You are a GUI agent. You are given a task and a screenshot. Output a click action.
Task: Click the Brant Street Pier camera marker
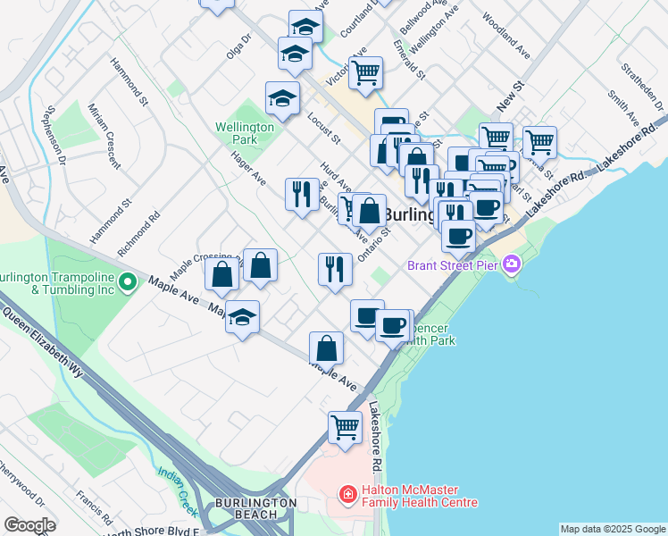[x=512, y=264]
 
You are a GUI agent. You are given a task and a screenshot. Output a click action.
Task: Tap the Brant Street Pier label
[x=453, y=264]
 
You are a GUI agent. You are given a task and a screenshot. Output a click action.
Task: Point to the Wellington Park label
[x=245, y=134]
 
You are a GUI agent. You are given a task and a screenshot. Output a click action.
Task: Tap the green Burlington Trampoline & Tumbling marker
[x=128, y=282]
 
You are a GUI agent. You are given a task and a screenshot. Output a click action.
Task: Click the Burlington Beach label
[x=254, y=509]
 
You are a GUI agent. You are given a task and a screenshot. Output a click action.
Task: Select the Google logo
[x=29, y=525]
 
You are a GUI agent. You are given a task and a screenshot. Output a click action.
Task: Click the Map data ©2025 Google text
[x=612, y=529]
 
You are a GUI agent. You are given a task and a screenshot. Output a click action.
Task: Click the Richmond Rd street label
[x=138, y=228]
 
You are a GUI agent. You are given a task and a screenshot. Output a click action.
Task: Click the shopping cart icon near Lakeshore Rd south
[x=345, y=427]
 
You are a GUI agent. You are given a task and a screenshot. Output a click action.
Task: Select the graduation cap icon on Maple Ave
[x=242, y=317]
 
